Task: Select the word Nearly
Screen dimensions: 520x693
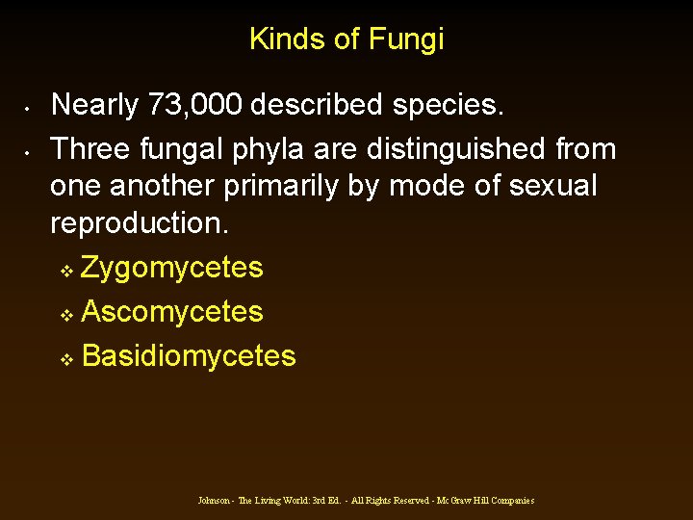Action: click(93, 105)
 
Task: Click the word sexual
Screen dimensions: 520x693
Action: click(552, 186)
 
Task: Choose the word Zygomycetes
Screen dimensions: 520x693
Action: click(172, 268)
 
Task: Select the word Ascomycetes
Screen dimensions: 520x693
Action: click(172, 312)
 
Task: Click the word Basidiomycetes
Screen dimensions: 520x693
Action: click(189, 356)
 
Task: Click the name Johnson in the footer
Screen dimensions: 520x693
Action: click(214, 501)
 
